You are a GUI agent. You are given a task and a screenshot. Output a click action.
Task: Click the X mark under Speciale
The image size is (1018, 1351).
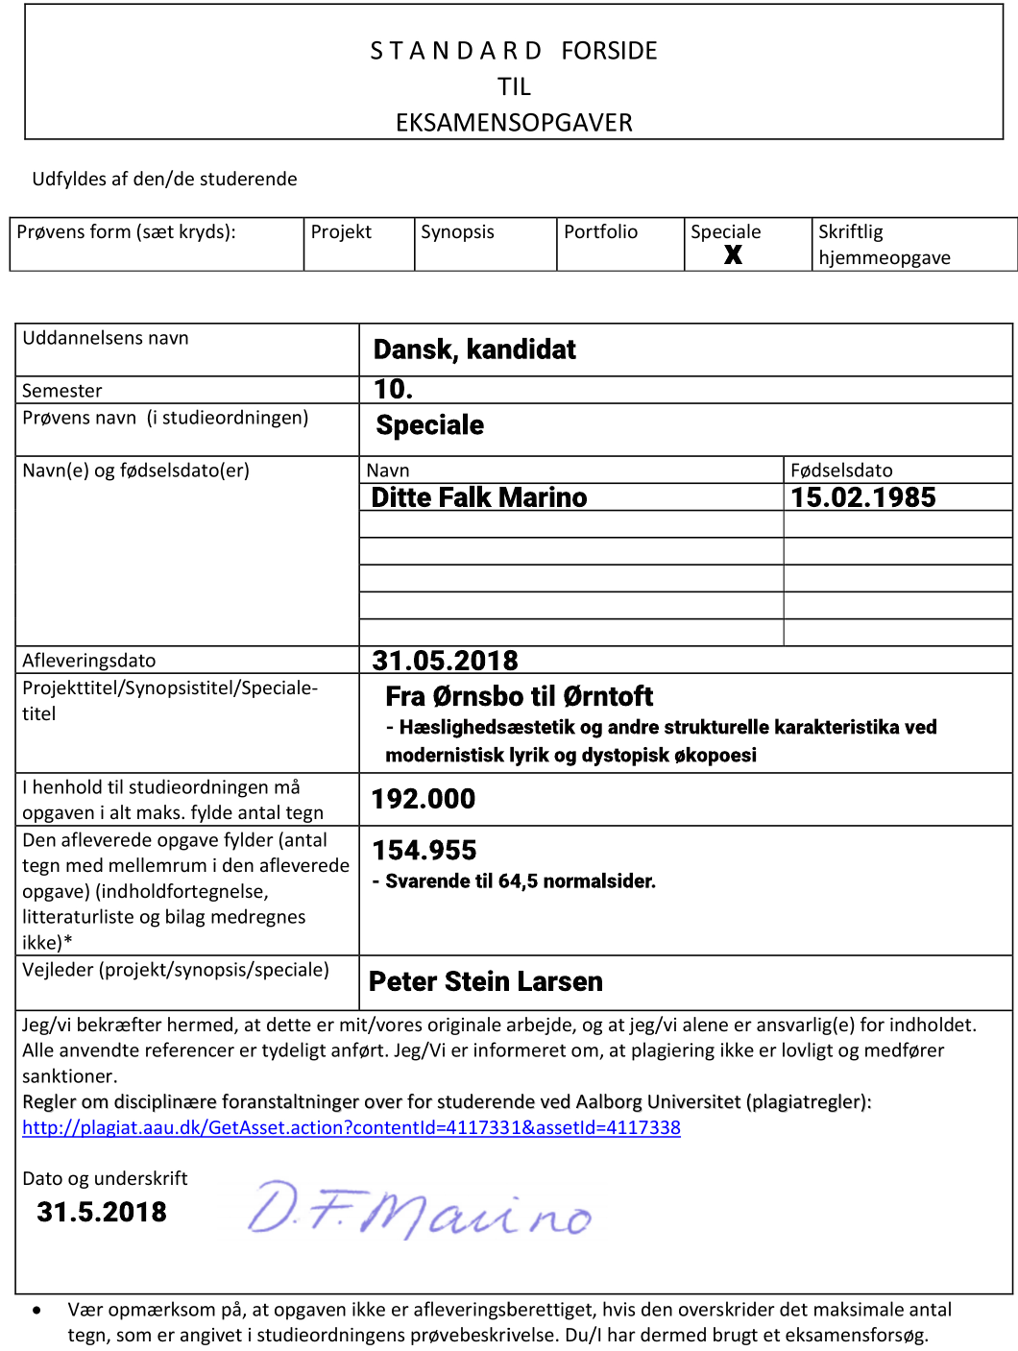pos(733,254)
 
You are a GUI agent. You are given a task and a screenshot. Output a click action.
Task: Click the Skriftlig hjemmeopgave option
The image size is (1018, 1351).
pos(884,245)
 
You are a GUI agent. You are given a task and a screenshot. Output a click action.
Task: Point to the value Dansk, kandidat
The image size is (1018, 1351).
pos(474,350)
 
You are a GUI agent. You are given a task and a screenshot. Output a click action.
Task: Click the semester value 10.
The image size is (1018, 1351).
pos(393,389)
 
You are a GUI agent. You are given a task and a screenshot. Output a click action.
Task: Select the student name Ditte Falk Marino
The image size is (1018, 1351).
pos(478,497)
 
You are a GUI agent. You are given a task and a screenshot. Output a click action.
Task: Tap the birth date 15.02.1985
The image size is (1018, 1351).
pos(862,497)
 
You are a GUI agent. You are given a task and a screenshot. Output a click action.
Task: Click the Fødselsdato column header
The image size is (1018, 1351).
pos(841,470)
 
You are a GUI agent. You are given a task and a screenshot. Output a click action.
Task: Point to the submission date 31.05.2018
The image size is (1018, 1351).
pos(445,661)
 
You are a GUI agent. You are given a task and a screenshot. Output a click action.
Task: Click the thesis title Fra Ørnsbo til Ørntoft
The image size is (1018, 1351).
pos(519,696)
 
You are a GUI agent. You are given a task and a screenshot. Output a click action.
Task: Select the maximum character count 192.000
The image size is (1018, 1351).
pos(424,799)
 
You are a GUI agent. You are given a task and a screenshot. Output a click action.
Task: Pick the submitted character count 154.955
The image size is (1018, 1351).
pos(424,851)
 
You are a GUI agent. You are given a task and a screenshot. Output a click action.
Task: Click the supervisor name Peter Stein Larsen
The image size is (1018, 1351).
pos(486,981)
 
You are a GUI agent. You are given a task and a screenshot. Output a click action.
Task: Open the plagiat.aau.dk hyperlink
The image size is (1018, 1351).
pos(351,1127)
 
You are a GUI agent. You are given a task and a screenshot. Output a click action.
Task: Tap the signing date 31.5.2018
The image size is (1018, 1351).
pos(102,1212)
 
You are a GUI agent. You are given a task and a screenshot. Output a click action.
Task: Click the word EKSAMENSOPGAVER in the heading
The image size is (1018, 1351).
pos(514,123)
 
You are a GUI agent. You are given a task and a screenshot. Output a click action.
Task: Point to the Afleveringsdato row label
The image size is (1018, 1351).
pos(89,661)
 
